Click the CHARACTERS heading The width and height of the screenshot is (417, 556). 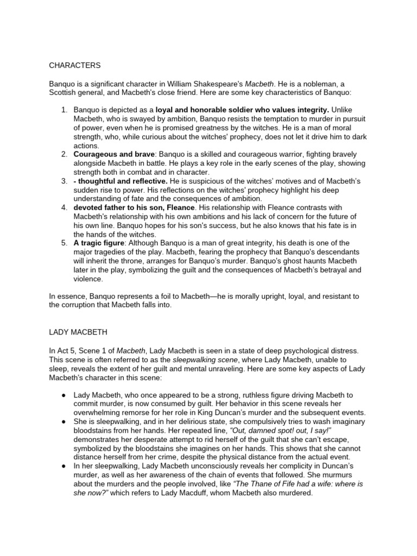coord(75,65)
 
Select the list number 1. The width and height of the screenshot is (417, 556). coord(64,110)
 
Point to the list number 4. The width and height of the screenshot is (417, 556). coord(64,207)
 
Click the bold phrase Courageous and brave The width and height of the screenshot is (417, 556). coord(114,154)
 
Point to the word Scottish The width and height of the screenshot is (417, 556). coord(64,93)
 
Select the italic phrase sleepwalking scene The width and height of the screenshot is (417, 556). coord(205,359)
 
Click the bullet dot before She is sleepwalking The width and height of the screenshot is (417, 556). coord(64,422)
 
